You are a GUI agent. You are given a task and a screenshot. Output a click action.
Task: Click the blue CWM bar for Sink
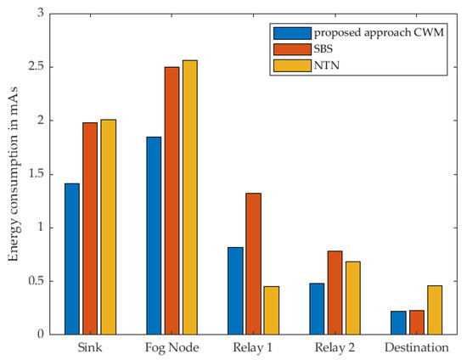[x=72, y=259]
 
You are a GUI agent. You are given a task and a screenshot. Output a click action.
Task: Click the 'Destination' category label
[x=416, y=348]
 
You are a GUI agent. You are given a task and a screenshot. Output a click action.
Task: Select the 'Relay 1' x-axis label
[x=253, y=348]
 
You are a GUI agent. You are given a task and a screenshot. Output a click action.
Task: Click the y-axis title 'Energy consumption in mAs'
[x=13, y=174]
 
